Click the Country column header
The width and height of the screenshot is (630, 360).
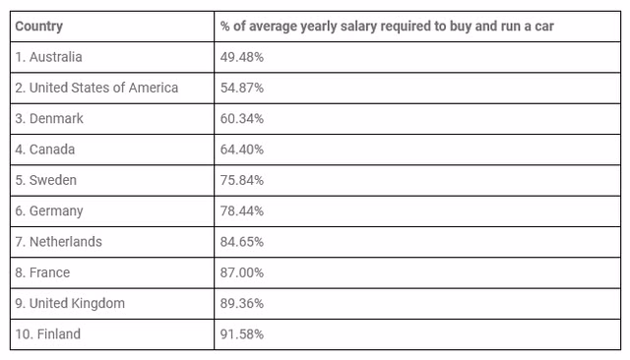[x=39, y=27]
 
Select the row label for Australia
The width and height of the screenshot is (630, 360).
[x=48, y=57]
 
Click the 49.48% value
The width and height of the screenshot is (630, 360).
[x=242, y=57]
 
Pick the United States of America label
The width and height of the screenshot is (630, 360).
[x=96, y=88]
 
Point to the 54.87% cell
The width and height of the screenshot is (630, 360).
[x=242, y=88]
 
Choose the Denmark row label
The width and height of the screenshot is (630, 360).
[x=49, y=119]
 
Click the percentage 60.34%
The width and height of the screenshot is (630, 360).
[x=242, y=119]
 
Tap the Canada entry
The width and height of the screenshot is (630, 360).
[x=45, y=150]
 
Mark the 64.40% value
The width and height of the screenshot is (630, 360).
[x=242, y=150]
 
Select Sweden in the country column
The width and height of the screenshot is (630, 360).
[x=46, y=180]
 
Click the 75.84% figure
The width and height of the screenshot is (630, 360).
[x=242, y=181]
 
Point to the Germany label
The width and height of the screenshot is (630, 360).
[x=49, y=211]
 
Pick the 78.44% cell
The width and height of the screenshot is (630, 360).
[x=242, y=211]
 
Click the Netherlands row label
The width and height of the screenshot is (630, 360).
[x=59, y=242]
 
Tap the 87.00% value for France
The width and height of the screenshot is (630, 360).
[x=242, y=272]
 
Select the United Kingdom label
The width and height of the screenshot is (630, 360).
[x=70, y=303]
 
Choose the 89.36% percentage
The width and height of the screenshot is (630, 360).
[x=242, y=303]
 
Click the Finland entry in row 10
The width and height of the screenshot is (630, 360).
[x=48, y=333]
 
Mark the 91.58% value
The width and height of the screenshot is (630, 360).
[x=242, y=334]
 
